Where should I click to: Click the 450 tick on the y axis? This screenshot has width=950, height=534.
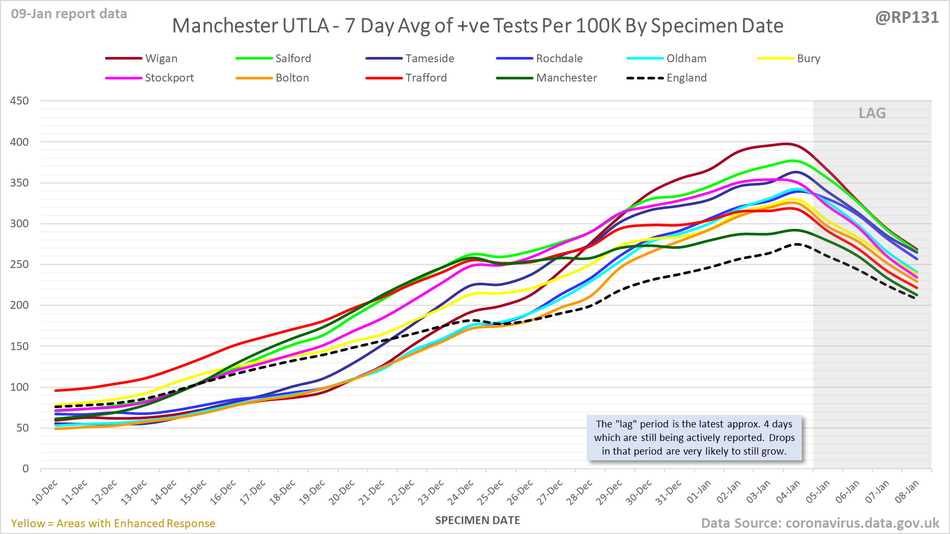point(19,101)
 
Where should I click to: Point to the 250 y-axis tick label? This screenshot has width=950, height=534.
point(19,264)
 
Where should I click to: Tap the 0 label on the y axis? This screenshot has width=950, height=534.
point(25,469)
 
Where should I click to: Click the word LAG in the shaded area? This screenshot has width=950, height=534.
point(872,113)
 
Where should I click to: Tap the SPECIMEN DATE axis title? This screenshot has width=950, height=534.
point(478,520)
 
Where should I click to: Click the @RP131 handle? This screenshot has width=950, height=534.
point(907,17)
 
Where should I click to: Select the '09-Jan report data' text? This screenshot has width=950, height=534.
point(69,14)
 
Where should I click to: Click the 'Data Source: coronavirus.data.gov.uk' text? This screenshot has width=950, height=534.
point(820,523)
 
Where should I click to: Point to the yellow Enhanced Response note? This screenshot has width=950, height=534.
point(113,524)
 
